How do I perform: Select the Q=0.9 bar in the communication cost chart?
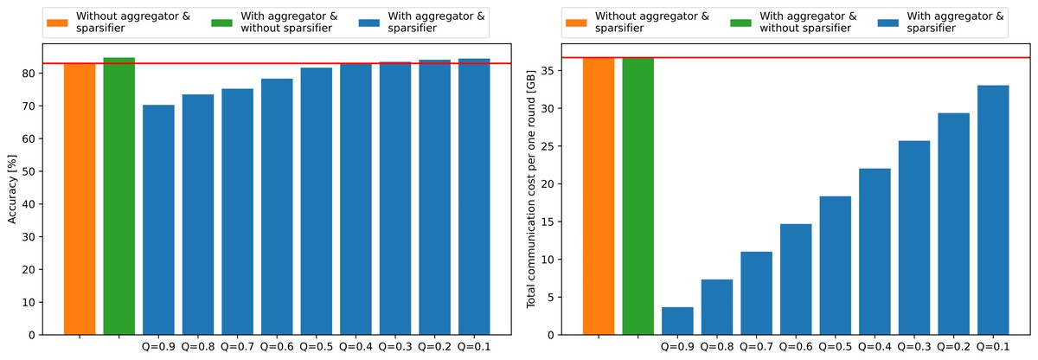[x=677, y=321]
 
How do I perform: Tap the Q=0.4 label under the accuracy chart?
[x=356, y=346]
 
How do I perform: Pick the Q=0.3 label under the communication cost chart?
[x=914, y=346]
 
